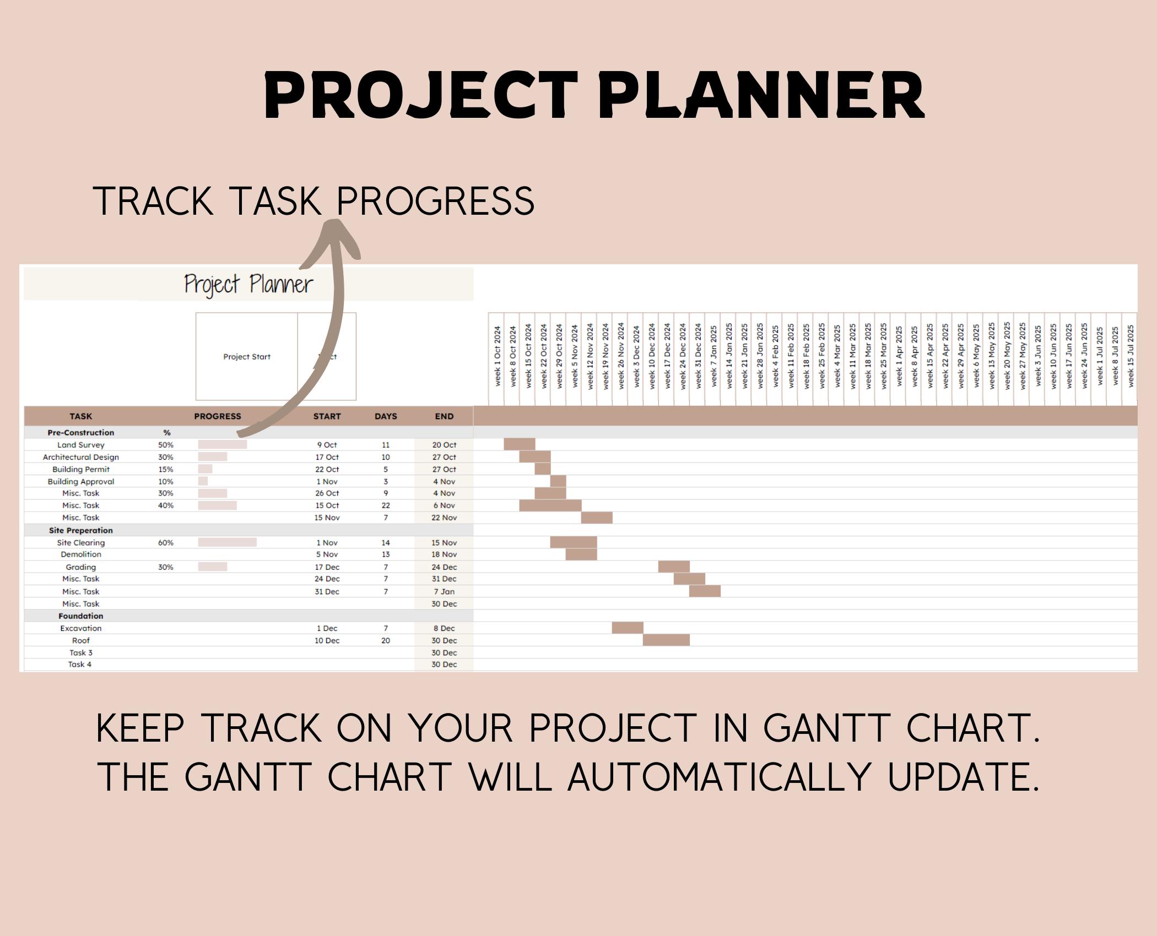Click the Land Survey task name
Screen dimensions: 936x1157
click(80, 445)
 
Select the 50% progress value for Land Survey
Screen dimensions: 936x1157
click(165, 445)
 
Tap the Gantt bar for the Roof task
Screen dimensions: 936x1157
click(666, 640)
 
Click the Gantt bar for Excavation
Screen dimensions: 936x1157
click(627, 628)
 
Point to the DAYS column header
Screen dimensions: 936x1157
click(385, 416)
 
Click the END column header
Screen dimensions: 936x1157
click(444, 416)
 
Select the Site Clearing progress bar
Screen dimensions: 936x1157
click(227, 542)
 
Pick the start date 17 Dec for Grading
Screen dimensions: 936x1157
click(327, 567)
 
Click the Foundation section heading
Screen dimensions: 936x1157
click(80, 616)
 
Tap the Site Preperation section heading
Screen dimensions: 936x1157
click(80, 530)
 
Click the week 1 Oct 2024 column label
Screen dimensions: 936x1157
click(497, 357)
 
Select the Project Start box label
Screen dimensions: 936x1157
click(246, 357)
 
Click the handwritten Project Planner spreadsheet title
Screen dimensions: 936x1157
click(248, 284)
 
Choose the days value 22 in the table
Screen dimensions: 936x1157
click(385, 505)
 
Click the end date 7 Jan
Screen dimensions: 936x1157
click(444, 591)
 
